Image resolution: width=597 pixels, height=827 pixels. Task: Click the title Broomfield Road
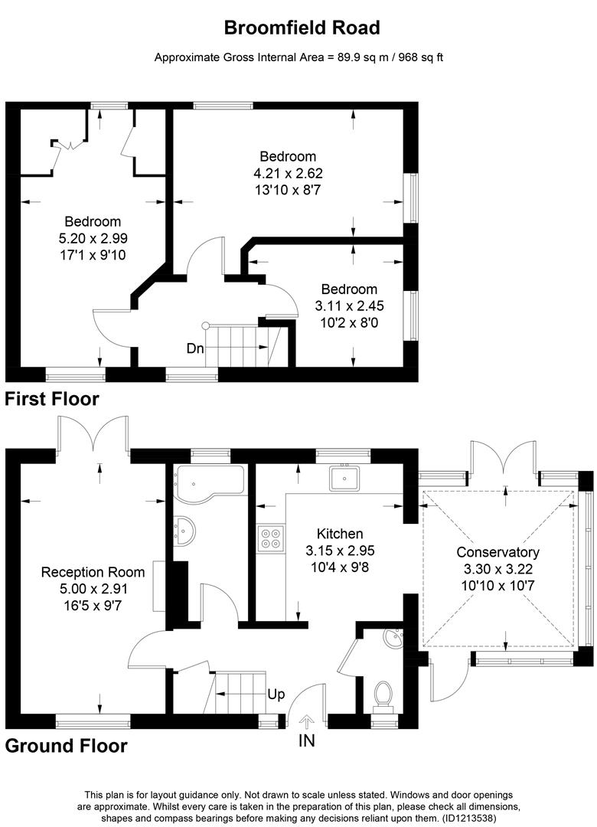(302, 28)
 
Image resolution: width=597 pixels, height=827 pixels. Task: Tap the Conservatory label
(497, 552)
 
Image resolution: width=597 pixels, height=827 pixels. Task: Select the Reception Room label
(93, 572)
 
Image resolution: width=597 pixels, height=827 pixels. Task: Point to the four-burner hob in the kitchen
(270, 538)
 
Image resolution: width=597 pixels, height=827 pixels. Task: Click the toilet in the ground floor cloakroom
(383, 695)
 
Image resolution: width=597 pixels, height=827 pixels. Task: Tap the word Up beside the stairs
(276, 695)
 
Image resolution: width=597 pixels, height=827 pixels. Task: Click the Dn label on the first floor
(195, 348)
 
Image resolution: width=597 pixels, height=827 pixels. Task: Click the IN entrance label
(307, 740)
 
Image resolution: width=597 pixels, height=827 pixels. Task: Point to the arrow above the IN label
(307, 721)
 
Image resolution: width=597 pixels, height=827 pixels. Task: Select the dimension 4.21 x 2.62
(287, 173)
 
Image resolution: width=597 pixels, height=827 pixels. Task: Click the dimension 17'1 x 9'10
(93, 254)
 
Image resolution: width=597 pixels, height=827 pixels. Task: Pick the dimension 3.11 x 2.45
(349, 306)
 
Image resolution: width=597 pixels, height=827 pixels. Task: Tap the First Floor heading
(52, 399)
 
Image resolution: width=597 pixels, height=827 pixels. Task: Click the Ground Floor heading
(66, 745)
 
